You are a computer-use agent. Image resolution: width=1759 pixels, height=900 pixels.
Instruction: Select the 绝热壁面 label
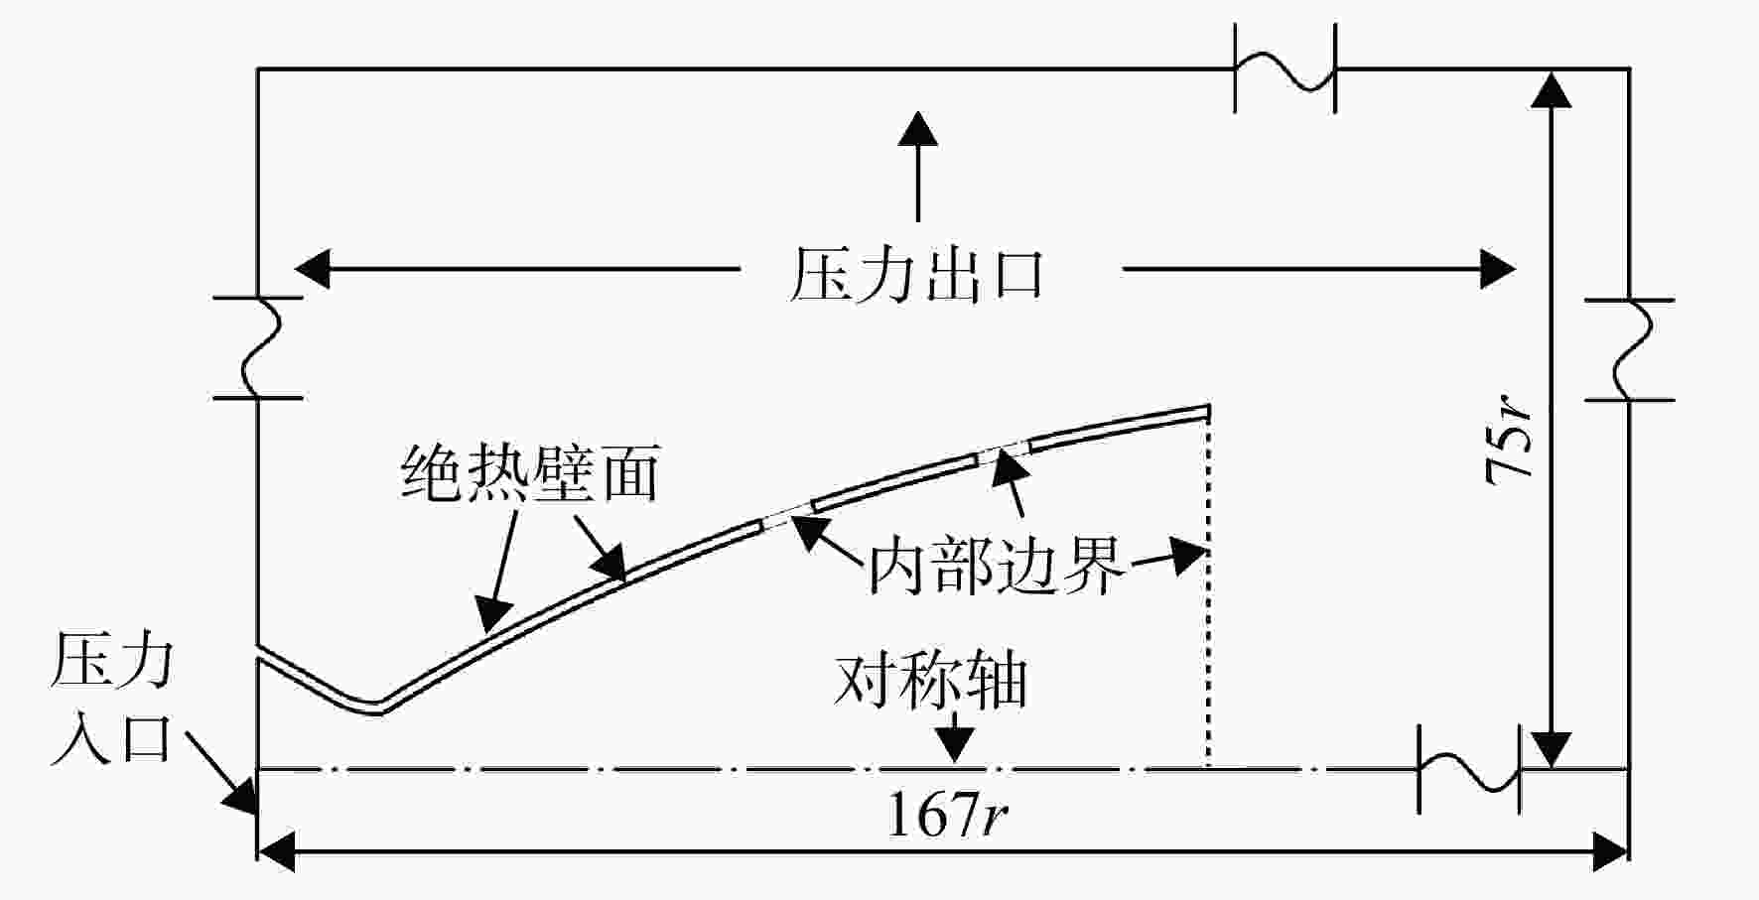click(x=531, y=472)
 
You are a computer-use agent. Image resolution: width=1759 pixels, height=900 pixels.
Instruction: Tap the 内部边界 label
click(x=997, y=566)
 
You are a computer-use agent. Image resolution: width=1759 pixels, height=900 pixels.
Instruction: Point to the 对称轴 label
click(x=930, y=681)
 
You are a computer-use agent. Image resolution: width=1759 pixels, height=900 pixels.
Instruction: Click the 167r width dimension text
click(x=947, y=816)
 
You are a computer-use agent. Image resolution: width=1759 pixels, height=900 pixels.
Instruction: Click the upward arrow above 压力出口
click(x=917, y=167)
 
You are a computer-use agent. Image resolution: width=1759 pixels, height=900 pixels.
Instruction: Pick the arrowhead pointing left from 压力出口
click(x=312, y=268)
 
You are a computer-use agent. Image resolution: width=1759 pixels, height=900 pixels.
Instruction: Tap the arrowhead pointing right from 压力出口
click(x=1498, y=268)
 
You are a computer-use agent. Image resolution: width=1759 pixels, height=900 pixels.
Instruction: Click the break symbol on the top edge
click(x=1285, y=68)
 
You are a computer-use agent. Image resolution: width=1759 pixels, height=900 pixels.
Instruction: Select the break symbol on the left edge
click(x=258, y=347)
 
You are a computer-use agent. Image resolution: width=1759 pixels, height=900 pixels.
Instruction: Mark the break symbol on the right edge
click(x=1630, y=349)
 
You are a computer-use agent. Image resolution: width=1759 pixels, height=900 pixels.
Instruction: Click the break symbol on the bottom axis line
click(x=1469, y=769)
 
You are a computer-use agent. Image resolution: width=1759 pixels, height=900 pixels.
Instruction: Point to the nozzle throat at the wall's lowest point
click(x=375, y=707)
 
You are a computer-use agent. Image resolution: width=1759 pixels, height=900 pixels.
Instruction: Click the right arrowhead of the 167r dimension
click(x=1612, y=851)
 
